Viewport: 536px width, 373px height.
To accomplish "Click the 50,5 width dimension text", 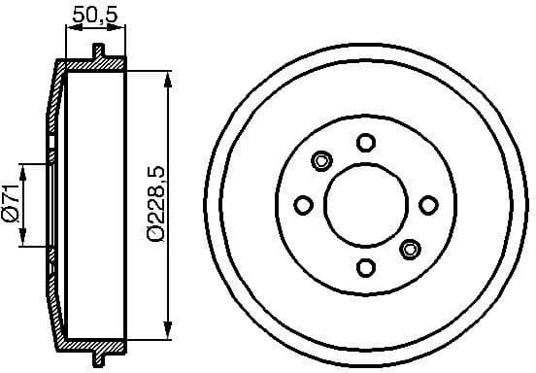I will click(95, 17).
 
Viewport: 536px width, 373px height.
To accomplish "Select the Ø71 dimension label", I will click(11, 205).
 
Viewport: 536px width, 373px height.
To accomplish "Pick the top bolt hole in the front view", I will click(365, 143).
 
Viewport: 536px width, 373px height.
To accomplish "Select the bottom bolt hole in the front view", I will click(365, 268).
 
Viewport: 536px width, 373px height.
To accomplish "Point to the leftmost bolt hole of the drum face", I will click(303, 205).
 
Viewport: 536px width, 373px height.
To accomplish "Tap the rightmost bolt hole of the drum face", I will click(427, 205).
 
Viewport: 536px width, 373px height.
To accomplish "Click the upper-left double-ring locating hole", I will click(321, 160).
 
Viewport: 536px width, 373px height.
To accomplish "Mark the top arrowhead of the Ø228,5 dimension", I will click(171, 75).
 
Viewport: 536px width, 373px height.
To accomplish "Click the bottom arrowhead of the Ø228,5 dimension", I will click(171, 335).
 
